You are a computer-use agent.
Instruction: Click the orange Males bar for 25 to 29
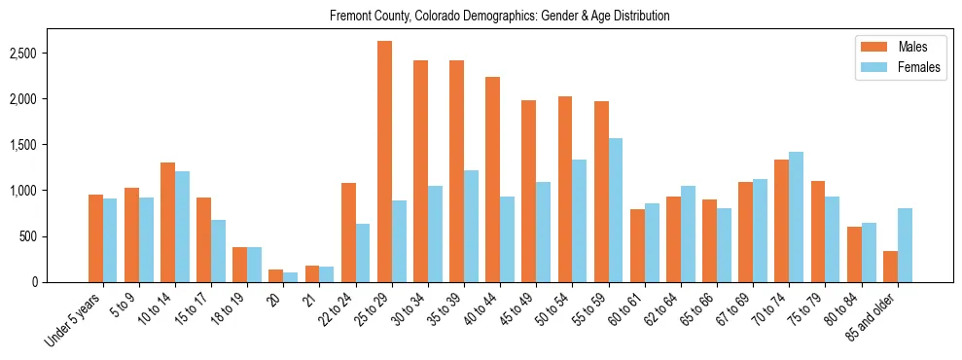(384, 162)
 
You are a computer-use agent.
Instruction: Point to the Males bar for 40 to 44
(493, 179)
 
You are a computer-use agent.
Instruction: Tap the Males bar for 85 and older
(890, 267)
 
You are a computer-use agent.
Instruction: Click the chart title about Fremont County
(500, 17)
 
